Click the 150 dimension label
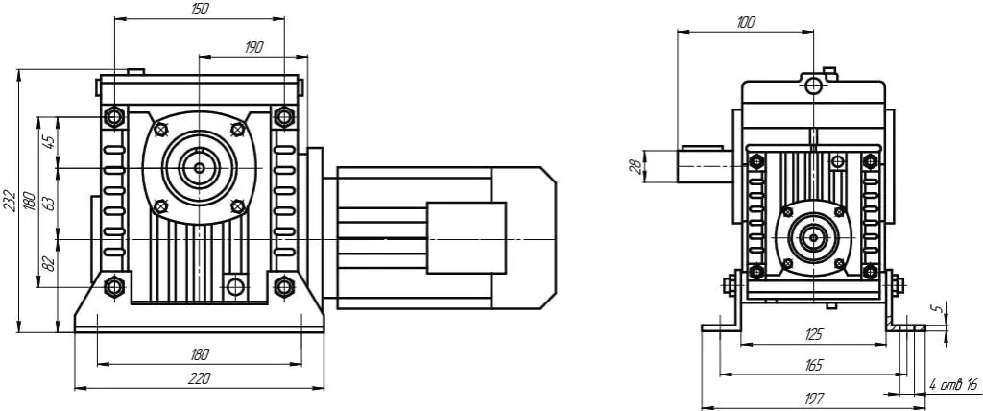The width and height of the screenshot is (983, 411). [200, 9]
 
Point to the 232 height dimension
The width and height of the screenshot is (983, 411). [11, 200]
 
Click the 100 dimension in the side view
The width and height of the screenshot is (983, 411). [746, 23]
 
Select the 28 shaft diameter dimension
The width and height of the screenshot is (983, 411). [635, 166]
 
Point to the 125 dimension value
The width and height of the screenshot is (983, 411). [813, 334]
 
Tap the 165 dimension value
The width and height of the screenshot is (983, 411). [813, 365]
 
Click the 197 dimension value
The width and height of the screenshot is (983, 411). [813, 398]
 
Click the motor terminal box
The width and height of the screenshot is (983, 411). [467, 238]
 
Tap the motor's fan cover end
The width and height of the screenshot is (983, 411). [524, 238]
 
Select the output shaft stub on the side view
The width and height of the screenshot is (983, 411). [705, 166]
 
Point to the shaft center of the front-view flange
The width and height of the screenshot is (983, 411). [199, 167]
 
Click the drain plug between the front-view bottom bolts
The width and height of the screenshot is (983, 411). [235, 287]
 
